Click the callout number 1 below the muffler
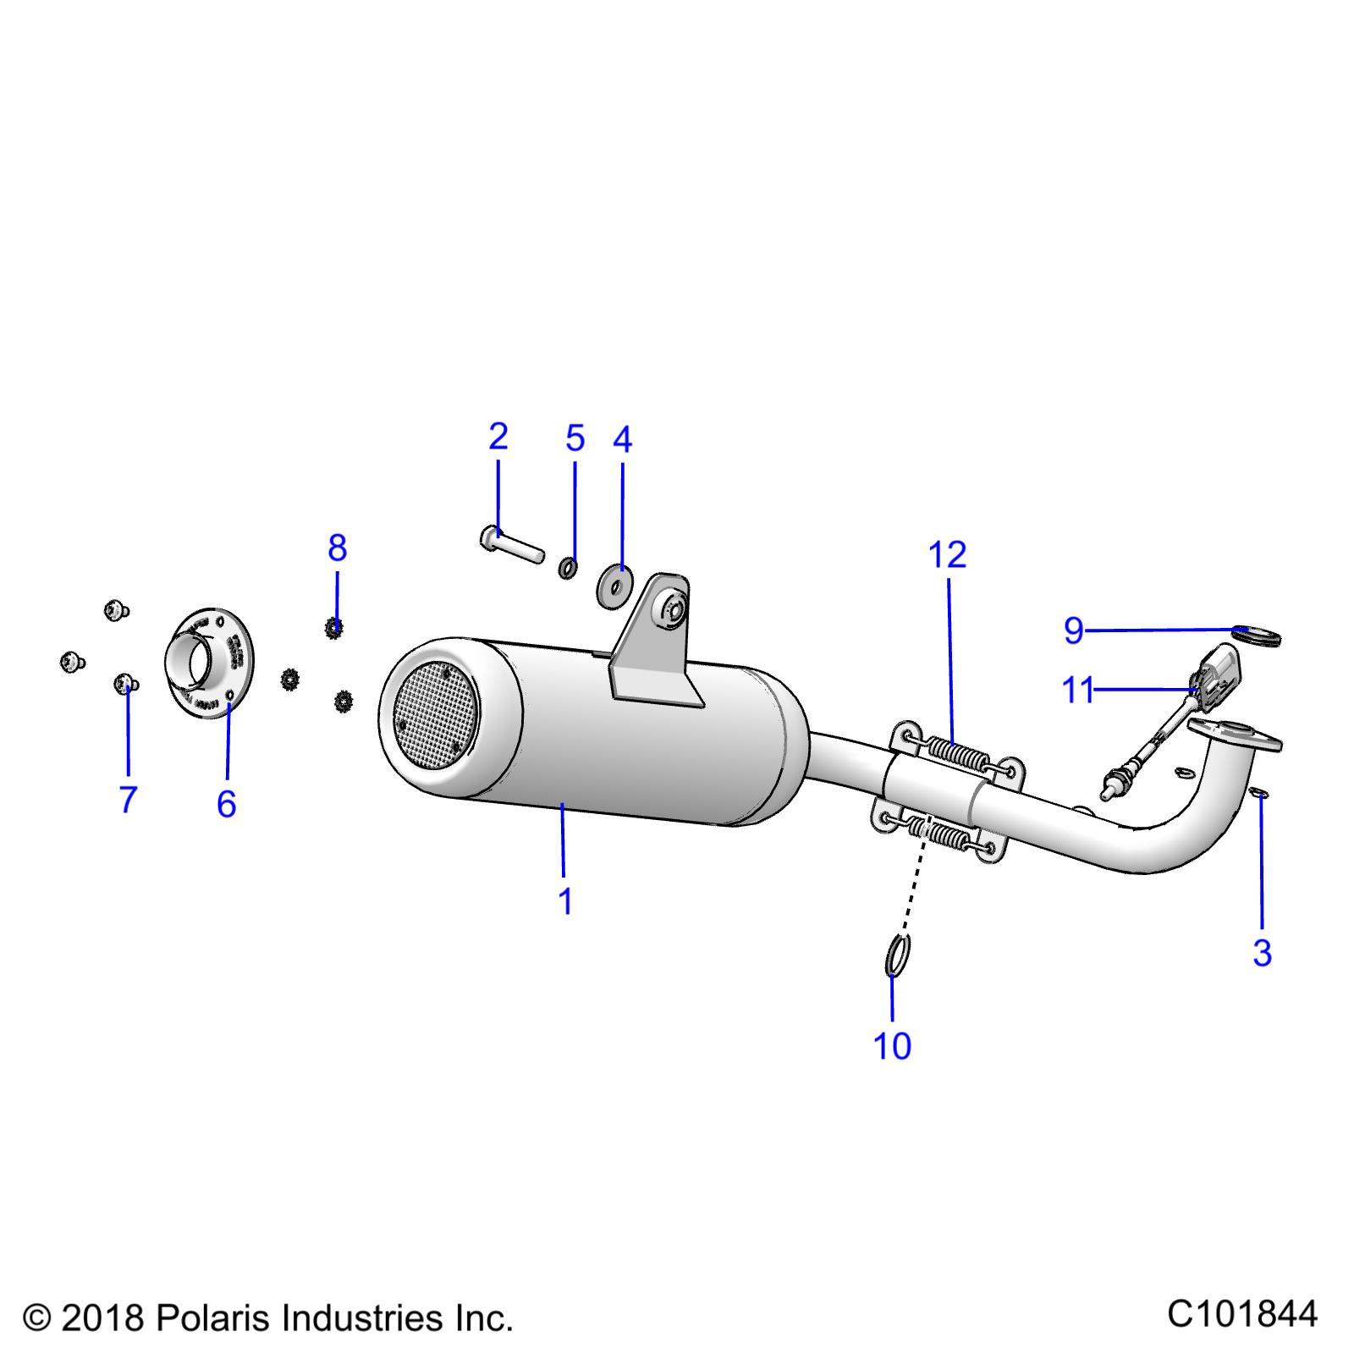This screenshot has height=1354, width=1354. (565, 901)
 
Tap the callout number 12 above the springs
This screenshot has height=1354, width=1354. (947, 555)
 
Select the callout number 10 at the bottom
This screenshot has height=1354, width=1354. (892, 1046)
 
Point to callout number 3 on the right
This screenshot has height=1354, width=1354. (1262, 953)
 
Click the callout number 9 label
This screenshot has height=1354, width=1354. (1074, 630)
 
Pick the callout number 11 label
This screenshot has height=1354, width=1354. (1077, 691)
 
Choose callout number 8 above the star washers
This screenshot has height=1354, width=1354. (337, 548)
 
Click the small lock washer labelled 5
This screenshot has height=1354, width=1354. (569, 567)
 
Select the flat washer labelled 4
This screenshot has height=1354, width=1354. (615, 586)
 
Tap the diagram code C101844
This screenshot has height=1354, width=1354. (1241, 1314)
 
